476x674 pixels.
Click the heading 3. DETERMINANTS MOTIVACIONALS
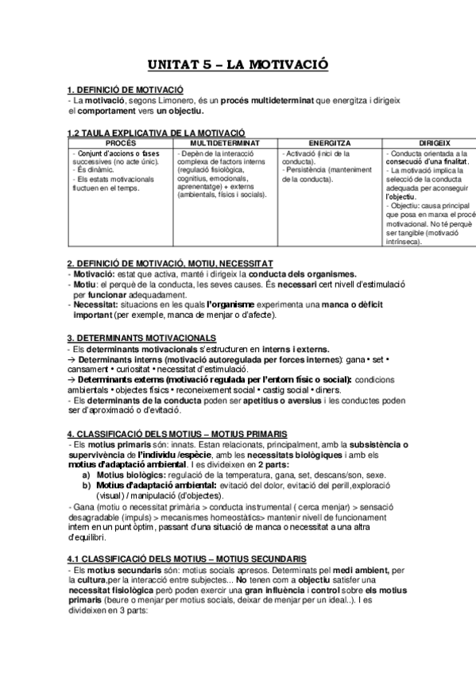pyautogui.click(x=141, y=338)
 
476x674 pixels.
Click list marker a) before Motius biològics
pyautogui.click(x=85, y=474)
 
